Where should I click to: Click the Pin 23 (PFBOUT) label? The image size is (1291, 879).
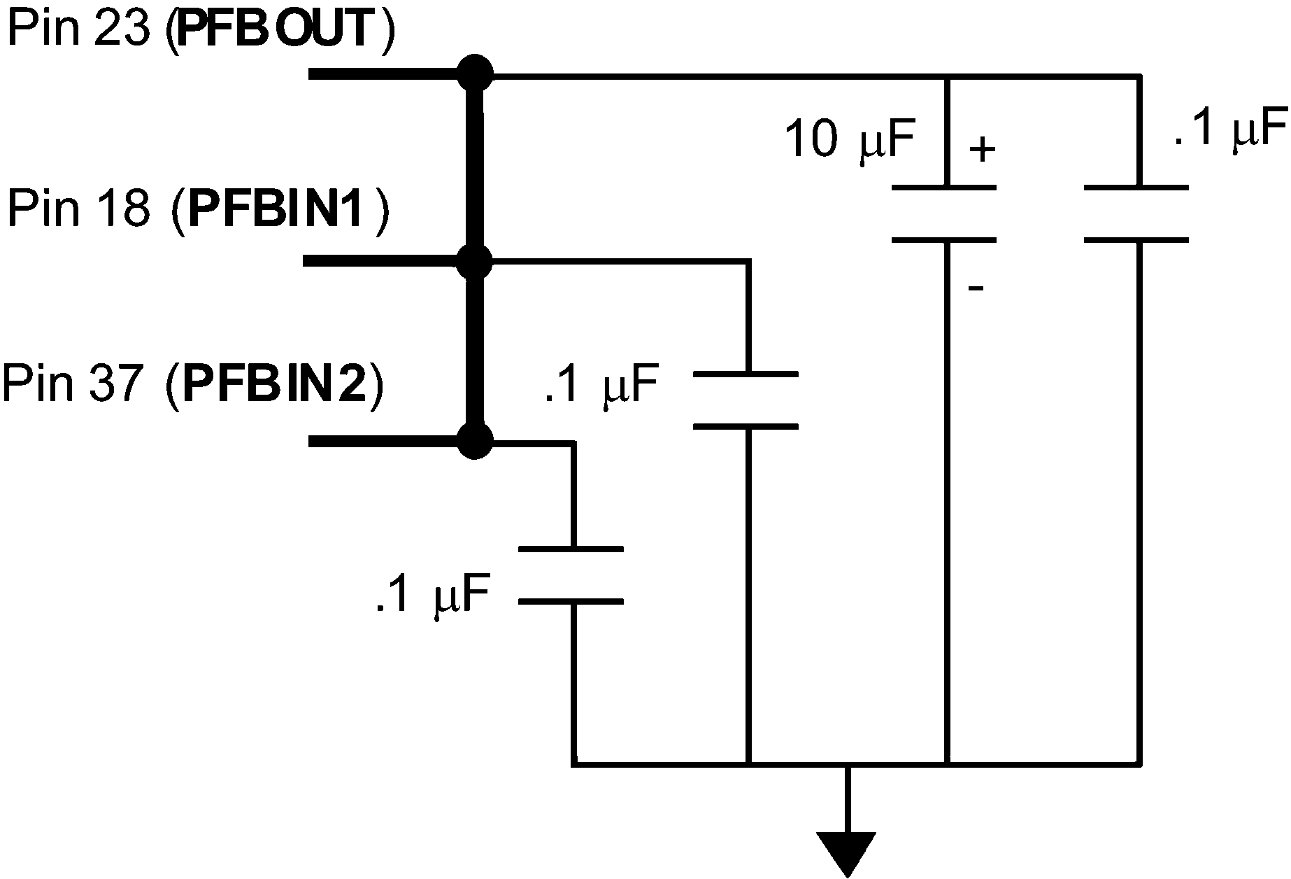click(199, 29)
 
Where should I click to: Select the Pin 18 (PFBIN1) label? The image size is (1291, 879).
click(197, 208)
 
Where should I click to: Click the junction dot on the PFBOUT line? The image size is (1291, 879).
click(475, 73)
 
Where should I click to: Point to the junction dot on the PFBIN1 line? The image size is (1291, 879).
click(475, 262)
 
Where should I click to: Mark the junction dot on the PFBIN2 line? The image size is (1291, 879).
click(475, 441)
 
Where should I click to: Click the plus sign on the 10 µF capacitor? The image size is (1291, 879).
click(983, 149)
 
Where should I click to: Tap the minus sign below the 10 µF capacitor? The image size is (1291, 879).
click(976, 288)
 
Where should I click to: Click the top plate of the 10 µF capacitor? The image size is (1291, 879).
click(944, 188)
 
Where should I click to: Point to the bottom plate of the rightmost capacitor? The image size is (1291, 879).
click(1136, 240)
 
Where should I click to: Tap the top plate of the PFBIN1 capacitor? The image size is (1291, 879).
click(746, 374)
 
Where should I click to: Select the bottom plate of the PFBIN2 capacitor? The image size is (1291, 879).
click(571, 601)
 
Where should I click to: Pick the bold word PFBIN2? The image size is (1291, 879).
click(275, 385)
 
